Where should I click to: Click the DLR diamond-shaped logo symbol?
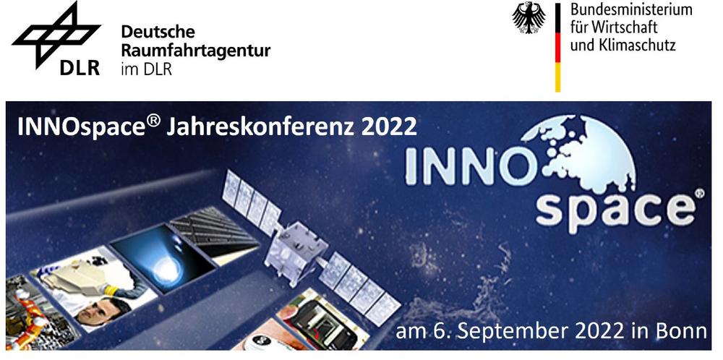click(56, 35)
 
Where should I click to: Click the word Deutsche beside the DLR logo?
click(158, 32)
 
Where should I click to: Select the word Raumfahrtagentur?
click(195, 51)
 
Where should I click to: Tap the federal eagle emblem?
click(529, 18)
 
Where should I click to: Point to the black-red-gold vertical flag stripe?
click(557, 47)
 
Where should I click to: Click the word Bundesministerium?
click(630, 9)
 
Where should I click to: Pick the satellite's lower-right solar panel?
click(360, 288)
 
